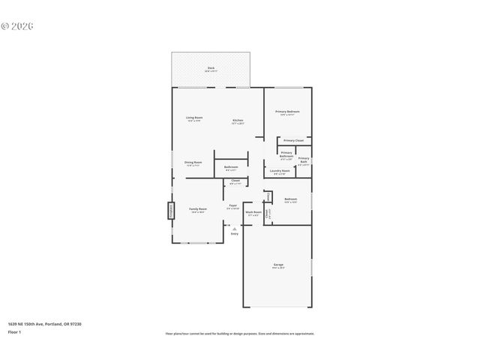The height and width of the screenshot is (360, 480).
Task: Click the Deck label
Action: coord(211,69)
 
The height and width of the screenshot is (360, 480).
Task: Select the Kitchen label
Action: coord(238,120)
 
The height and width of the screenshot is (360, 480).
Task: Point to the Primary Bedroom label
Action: coord(287,112)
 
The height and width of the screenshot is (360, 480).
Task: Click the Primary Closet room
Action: coord(293,140)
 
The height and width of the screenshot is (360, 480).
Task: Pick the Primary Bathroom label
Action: coord(286,155)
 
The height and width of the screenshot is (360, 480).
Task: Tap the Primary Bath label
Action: coord(304,160)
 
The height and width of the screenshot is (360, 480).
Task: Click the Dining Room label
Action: coord(193,163)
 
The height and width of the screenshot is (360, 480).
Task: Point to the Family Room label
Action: coord(198,209)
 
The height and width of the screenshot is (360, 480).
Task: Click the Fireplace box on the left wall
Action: coord(169,209)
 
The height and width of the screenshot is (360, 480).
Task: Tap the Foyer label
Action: coord(233,206)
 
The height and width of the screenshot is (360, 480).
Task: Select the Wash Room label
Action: coord(253,213)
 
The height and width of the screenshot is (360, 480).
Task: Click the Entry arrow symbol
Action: coord(234,229)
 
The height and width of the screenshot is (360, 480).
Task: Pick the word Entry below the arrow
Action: coord(234,234)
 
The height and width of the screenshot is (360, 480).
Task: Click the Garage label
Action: coord(278,265)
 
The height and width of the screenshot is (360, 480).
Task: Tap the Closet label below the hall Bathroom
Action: coord(235,181)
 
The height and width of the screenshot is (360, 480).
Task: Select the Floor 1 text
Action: coord(15,331)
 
